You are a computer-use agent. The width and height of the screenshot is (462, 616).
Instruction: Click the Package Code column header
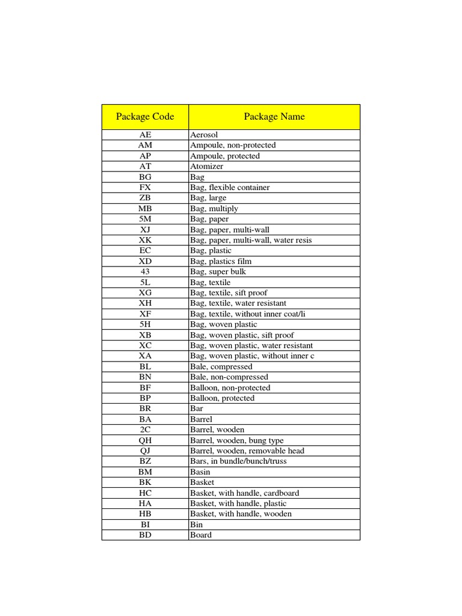click(145, 117)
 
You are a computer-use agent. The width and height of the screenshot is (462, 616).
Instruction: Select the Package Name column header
click(274, 117)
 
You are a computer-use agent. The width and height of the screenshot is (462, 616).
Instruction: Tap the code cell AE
click(145, 135)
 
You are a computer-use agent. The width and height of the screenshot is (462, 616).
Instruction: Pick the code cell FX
click(145, 188)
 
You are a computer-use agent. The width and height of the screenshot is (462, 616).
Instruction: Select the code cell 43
click(145, 272)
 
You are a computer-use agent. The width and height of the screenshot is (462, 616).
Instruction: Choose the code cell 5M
click(145, 219)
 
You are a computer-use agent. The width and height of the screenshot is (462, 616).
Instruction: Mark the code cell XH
click(145, 303)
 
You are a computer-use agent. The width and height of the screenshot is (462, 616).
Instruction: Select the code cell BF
click(145, 388)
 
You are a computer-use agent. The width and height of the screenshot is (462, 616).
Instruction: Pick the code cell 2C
click(145, 430)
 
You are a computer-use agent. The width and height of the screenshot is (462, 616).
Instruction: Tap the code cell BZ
click(145, 461)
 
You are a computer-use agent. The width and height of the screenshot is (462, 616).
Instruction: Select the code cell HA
click(145, 504)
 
